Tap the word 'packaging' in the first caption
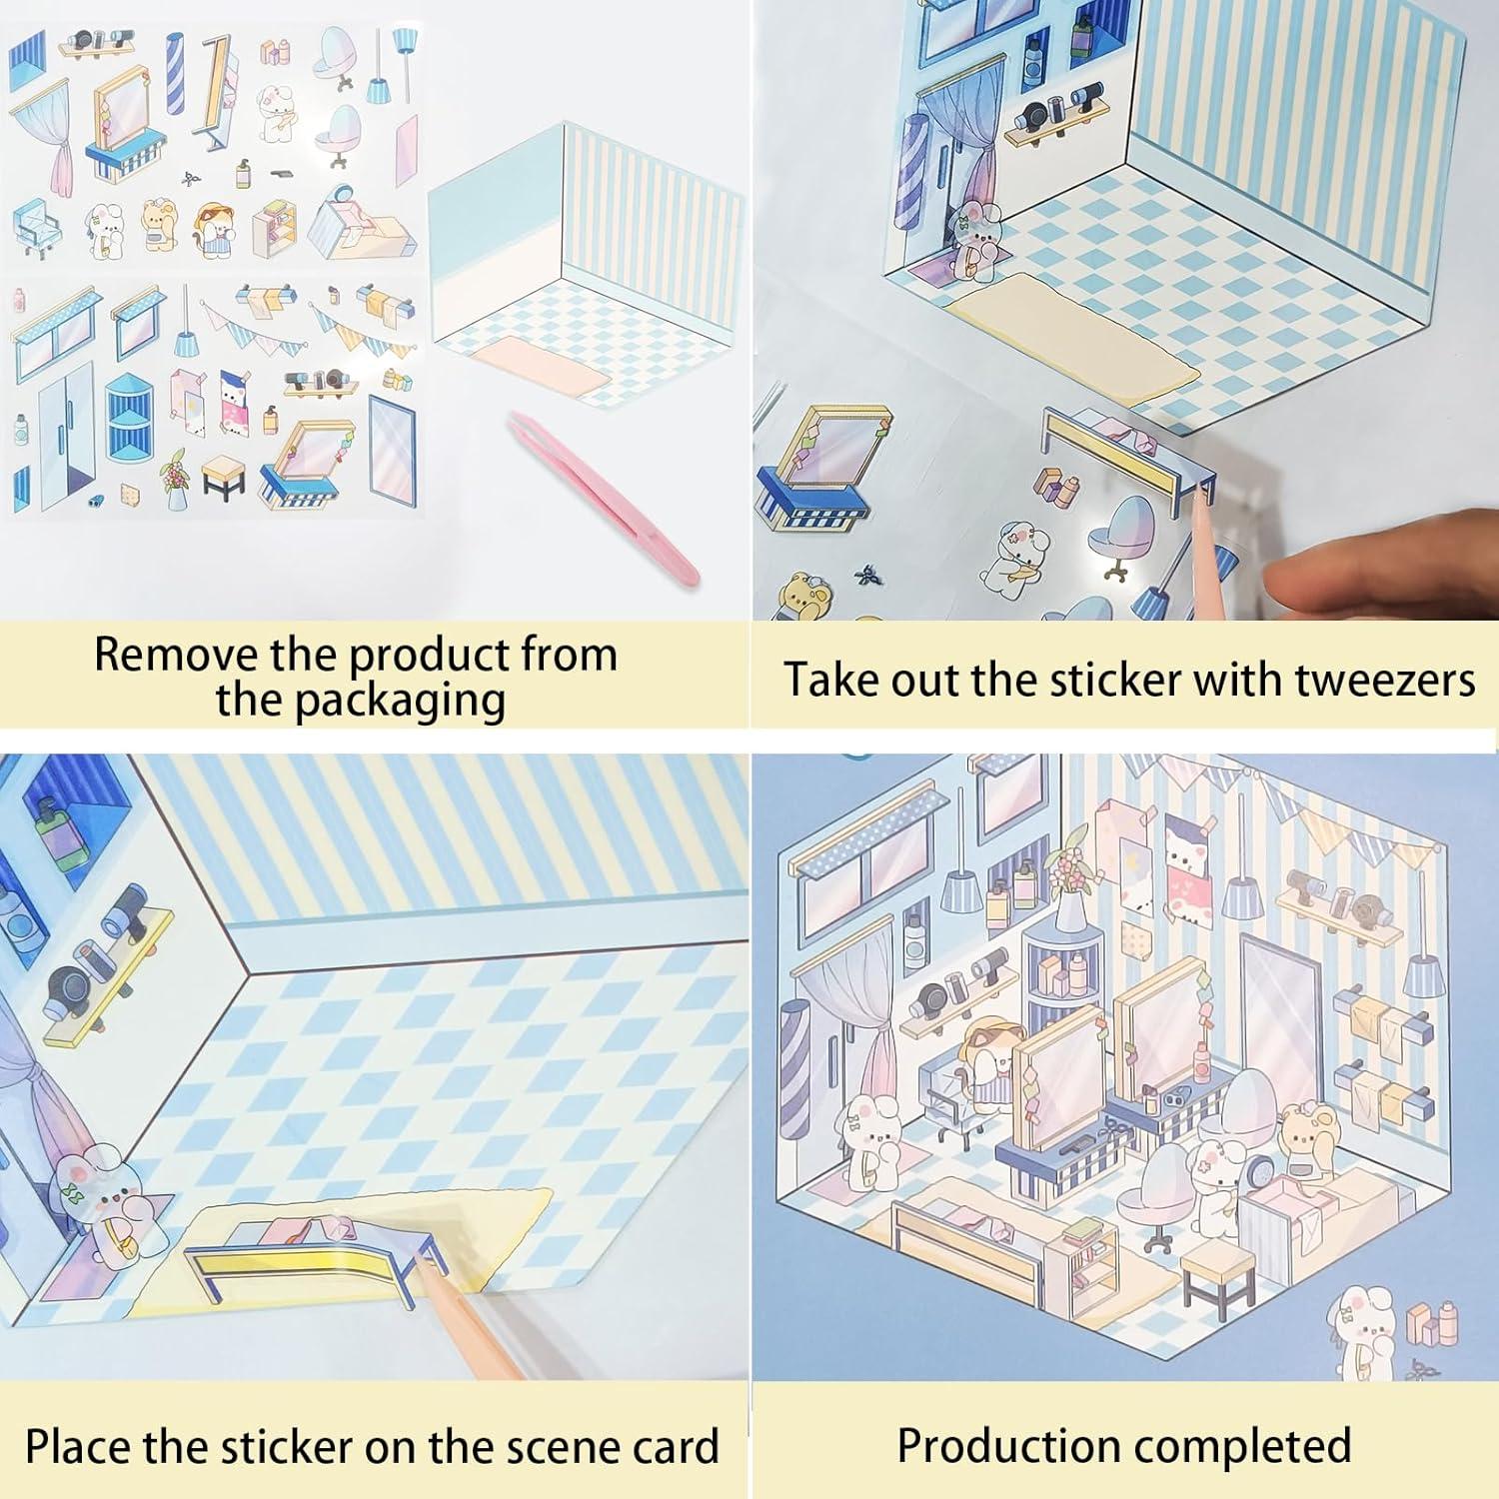(360, 700)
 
